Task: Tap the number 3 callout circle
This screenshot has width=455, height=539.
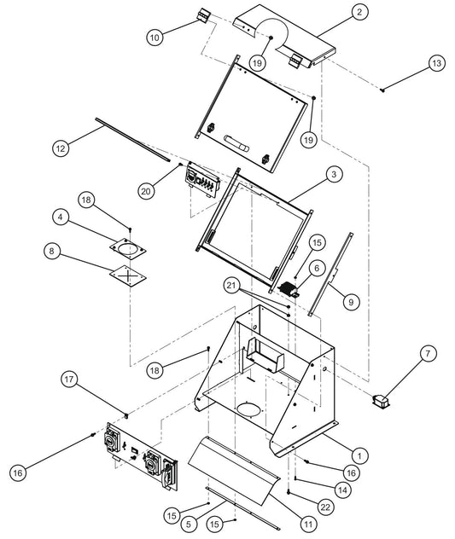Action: click(x=335, y=174)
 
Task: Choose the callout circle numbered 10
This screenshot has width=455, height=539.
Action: click(x=155, y=38)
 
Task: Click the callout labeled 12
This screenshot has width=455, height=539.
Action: click(x=60, y=148)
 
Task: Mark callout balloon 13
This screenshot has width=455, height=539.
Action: click(x=436, y=63)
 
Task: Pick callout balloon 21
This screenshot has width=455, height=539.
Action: click(x=232, y=284)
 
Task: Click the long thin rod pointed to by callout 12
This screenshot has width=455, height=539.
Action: click(x=128, y=136)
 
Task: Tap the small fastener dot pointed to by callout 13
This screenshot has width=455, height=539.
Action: click(x=384, y=90)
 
